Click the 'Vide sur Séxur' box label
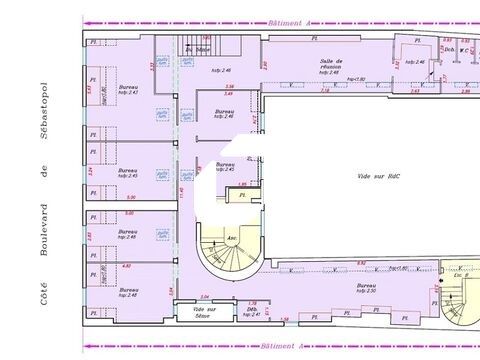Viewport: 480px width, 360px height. click(205, 313)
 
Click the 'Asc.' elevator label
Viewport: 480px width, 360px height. click(232, 237)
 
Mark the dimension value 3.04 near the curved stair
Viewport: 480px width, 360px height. click(205, 297)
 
